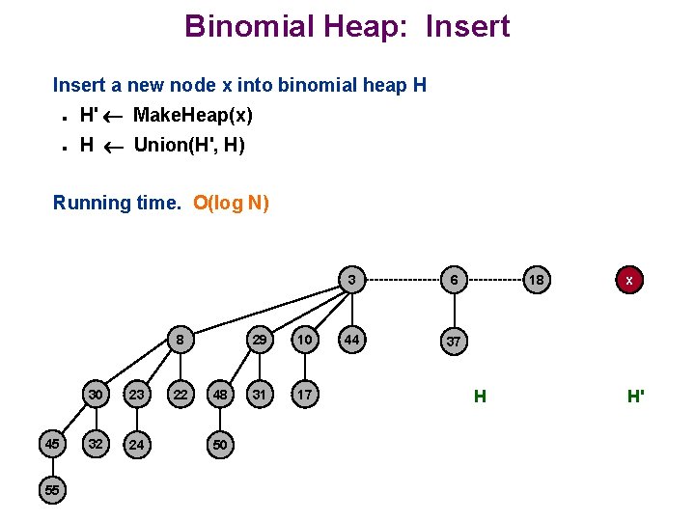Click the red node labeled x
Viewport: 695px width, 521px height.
tap(628, 280)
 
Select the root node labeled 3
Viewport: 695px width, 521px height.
tap(352, 280)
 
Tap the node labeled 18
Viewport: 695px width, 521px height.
tap(537, 280)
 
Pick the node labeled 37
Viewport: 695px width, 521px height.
tap(452, 341)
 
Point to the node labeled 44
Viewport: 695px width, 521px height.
tap(352, 340)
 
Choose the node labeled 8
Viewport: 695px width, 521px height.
tap(180, 340)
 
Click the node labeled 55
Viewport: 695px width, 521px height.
tap(52, 490)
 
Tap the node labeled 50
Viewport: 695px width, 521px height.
tap(220, 445)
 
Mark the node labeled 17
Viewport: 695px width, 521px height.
tap(304, 394)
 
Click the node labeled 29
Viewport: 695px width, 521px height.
tap(260, 340)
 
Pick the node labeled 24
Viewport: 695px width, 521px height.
tap(137, 445)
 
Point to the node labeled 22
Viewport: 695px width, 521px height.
tap(180, 394)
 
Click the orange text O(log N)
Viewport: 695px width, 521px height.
tap(231, 203)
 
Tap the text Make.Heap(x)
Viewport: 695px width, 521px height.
tap(193, 116)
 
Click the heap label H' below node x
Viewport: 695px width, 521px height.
tap(635, 396)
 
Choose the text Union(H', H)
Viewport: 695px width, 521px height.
tap(189, 146)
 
